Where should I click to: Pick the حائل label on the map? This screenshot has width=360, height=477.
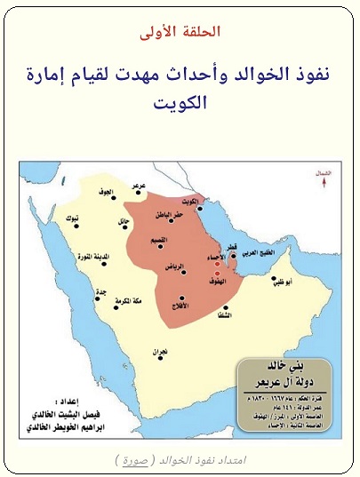pyautogui.click(x=123, y=220)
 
